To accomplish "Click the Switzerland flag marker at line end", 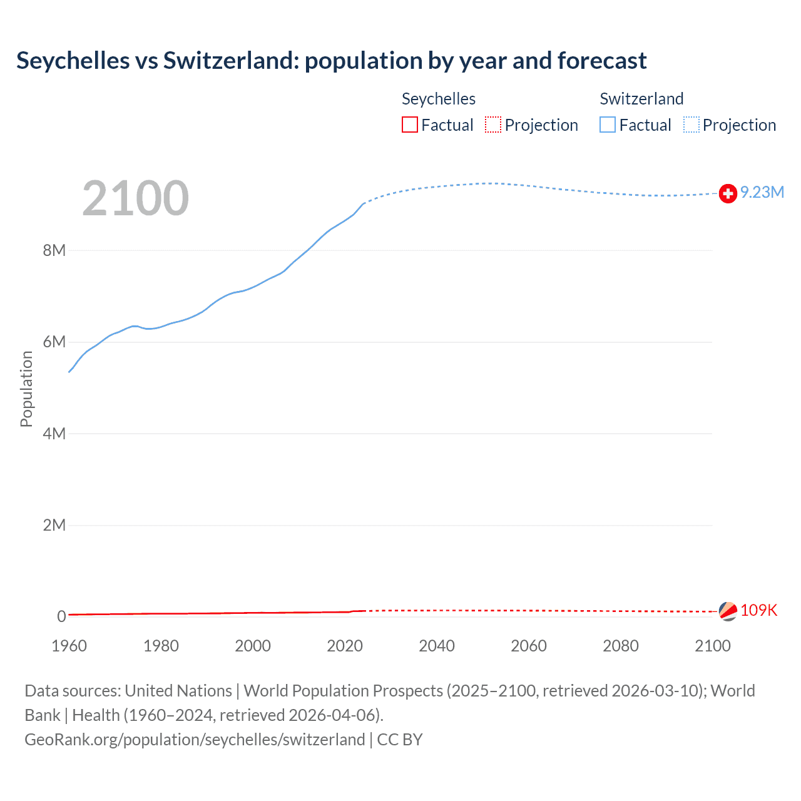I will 728,194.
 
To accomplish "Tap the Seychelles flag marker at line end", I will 728,611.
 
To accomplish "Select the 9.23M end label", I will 762,192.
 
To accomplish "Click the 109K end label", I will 758,610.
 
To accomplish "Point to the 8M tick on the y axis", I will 54,250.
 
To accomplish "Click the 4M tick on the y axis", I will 54,434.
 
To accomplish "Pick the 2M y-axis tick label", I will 54,525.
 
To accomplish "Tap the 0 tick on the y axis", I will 61,616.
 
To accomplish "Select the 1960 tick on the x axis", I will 69,646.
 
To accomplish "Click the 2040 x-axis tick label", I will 437,646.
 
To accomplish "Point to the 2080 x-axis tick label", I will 621,646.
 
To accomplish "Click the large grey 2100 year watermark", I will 135,198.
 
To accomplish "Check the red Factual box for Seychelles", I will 410,125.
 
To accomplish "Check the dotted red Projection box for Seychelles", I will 493,125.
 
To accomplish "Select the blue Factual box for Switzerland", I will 608,125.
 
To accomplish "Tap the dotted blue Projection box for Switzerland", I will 691,125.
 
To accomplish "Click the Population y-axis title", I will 26,389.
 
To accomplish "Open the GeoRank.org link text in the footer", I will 195,740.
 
